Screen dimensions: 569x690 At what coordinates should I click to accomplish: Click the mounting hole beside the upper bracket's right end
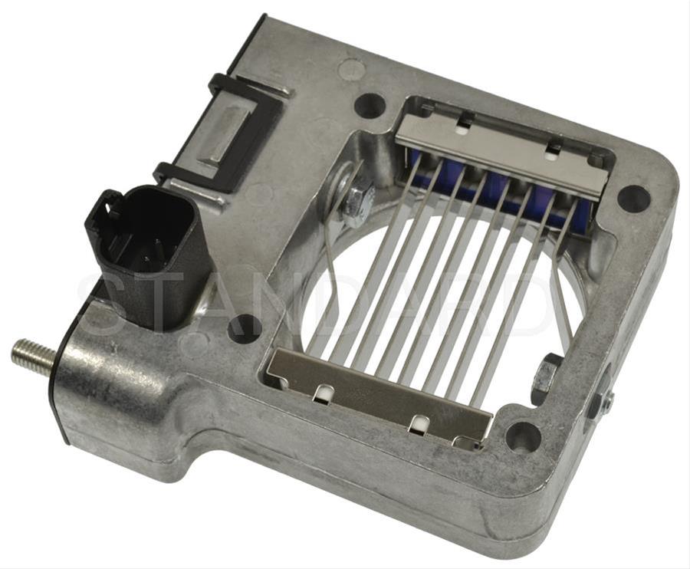click(x=633, y=199)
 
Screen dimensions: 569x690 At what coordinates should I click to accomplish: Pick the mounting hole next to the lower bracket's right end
click(x=524, y=436)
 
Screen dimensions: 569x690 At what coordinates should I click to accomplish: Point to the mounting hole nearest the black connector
click(x=245, y=328)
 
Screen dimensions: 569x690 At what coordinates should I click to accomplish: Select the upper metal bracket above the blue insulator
click(x=502, y=150)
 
